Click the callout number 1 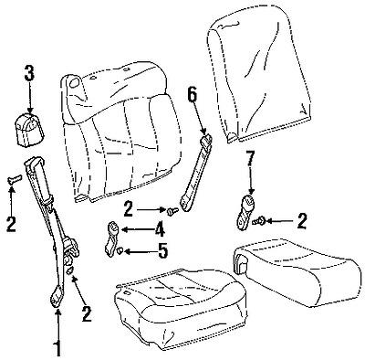tap(57, 348)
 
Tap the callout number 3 tap(29, 71)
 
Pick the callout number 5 tap(162, 250)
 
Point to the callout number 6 tap(193, 96)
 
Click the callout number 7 tap(250, 157)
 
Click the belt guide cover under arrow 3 tap(30, 130)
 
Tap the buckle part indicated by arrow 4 tap(112, 237)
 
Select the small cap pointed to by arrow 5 tap(120, 251)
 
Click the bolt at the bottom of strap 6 tap(172, 210)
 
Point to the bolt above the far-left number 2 tap(14, 179)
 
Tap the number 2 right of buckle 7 tap(301, 221)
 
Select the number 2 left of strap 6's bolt tap(129, 209)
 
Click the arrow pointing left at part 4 tap(136, 229)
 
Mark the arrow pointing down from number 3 tap(29, 98)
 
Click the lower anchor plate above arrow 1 tap(57, 297)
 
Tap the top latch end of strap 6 tap(206, 139)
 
